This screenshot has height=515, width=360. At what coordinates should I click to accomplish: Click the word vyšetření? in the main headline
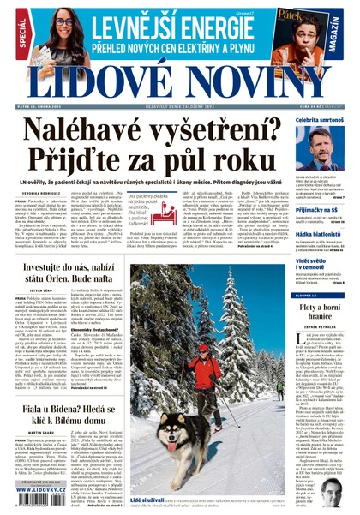pos(216,130)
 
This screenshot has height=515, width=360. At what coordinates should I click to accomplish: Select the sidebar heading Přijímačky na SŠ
pos(318,208)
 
